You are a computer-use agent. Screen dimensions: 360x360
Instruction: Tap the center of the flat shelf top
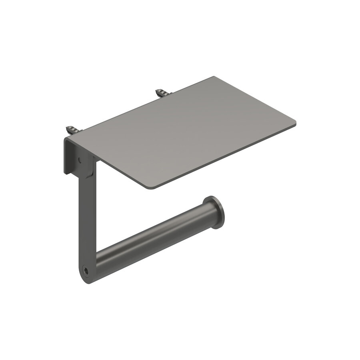click(180, 132)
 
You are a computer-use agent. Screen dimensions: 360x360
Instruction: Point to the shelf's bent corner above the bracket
click(66, 140)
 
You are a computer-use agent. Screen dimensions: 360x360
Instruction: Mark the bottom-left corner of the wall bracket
click(64, 173)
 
